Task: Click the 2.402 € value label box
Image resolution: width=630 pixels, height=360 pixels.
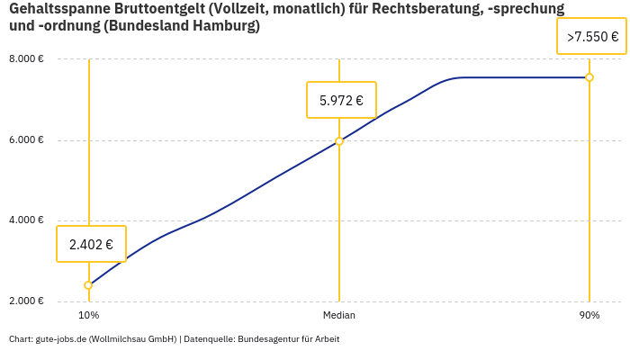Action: [x=91, y=244]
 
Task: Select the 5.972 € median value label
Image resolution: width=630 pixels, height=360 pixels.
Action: [x=341, y=100]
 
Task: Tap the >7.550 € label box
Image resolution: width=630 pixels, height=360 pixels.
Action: [x=592, y=37]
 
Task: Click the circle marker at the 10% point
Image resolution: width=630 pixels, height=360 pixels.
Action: [x=88, y=285]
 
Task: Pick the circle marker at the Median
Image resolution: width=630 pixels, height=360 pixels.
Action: [x=339, y=141]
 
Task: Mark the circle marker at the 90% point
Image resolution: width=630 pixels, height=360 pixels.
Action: [x=589, y=77]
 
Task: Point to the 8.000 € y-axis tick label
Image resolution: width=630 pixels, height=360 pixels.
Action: [x=27, y=59]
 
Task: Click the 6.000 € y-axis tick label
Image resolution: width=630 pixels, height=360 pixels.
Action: [x=27, y=140]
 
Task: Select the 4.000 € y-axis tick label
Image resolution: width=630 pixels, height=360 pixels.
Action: [x=27, y=220]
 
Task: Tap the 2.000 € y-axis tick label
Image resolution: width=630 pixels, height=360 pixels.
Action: [x=27, y=301]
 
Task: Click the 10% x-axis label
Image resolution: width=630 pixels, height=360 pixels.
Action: [x=88, y=316]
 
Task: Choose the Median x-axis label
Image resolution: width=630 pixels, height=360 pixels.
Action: [x=339, y=316]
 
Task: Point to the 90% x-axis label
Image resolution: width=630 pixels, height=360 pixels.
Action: [x=589, y=316]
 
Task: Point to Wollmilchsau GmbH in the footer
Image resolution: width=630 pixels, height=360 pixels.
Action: [x=133, y=339]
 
